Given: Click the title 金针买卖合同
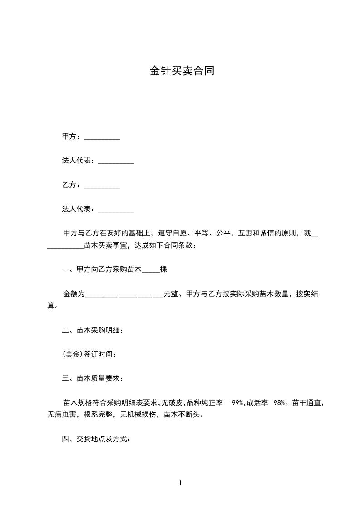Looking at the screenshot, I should point(182,71).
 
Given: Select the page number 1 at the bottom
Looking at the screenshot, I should point(180,483).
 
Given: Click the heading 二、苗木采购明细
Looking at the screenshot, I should point(92,330).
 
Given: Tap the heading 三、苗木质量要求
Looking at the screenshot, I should point(92,378).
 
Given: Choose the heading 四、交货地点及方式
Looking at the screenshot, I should point(96,439).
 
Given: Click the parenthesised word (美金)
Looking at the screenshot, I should point(73,354).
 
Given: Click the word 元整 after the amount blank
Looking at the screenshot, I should point(171,294).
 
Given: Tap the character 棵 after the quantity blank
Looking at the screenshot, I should point(163,270).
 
